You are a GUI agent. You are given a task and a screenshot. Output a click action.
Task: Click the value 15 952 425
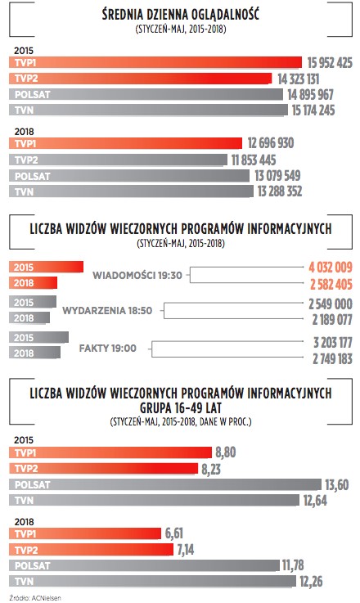point(330,63)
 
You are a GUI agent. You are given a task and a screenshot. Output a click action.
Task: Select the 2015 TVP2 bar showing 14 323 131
point(141,79)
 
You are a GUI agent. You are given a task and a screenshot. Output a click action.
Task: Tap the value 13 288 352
point(280,191)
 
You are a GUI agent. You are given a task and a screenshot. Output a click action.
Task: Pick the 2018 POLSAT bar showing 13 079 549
point(129,176)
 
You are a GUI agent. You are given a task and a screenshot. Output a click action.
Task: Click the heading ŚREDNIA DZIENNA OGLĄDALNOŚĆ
point(180,14)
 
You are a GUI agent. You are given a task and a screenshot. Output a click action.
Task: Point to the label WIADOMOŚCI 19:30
point(137,276)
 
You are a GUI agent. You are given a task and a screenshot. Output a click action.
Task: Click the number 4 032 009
point(331,268)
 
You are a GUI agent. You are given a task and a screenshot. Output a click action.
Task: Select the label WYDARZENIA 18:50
point(107,310)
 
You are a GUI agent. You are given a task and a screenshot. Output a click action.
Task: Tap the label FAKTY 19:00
point(108,348)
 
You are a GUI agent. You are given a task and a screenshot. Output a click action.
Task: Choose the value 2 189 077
point(332,320)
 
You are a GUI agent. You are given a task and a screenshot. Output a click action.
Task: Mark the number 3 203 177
point(333,342)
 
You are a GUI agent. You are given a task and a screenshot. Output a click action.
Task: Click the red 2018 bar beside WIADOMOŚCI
point(33,282)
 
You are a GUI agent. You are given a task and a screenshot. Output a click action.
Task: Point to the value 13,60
point(337,484)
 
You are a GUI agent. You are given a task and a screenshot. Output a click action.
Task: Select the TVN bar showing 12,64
point(155,500)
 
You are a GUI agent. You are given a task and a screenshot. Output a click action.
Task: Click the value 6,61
point(173,533)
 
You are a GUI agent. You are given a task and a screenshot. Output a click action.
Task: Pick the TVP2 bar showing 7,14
point(91,550)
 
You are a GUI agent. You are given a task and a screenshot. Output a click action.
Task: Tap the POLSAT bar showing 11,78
point(144,565)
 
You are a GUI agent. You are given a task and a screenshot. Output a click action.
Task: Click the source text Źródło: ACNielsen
point(35,598)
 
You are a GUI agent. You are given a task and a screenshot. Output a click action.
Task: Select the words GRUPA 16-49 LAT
point(181,408)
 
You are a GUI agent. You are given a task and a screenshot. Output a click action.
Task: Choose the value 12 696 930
point(270,143)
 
